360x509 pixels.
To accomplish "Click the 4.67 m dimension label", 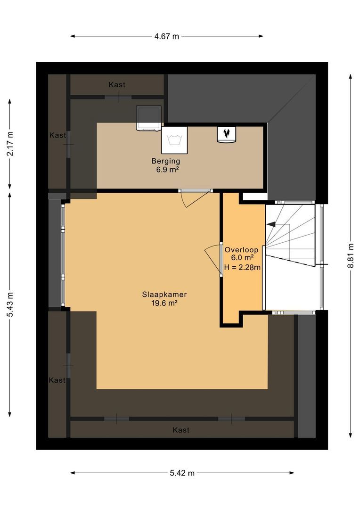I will point(166,36).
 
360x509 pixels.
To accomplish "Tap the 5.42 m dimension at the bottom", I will point(182,473).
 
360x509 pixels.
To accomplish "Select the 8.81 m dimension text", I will point(351,255).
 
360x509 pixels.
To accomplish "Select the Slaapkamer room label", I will point(164,295).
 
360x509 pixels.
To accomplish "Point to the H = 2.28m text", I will point(242,267).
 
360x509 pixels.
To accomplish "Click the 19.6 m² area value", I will point(164,304).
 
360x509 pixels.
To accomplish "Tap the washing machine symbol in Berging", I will point(174,140).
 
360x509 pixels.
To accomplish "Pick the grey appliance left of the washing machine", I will point(149,118).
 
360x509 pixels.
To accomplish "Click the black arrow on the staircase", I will point(271,225).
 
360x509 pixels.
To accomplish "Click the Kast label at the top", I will point(117,85).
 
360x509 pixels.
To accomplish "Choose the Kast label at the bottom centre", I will point(181,430).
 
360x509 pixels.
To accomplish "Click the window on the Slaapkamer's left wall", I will point(63,254).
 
